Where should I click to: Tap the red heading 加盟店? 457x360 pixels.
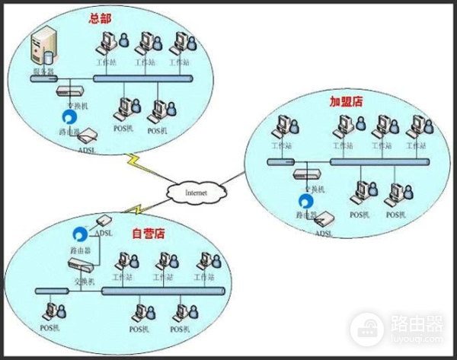(x=343, y=100)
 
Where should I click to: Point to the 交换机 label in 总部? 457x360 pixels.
(x=66, y=105)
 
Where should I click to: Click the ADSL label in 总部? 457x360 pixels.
(x=87, y=150)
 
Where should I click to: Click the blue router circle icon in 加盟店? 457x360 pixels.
(x=305, y=202)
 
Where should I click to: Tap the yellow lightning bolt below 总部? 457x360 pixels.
(x=138, y=161)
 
